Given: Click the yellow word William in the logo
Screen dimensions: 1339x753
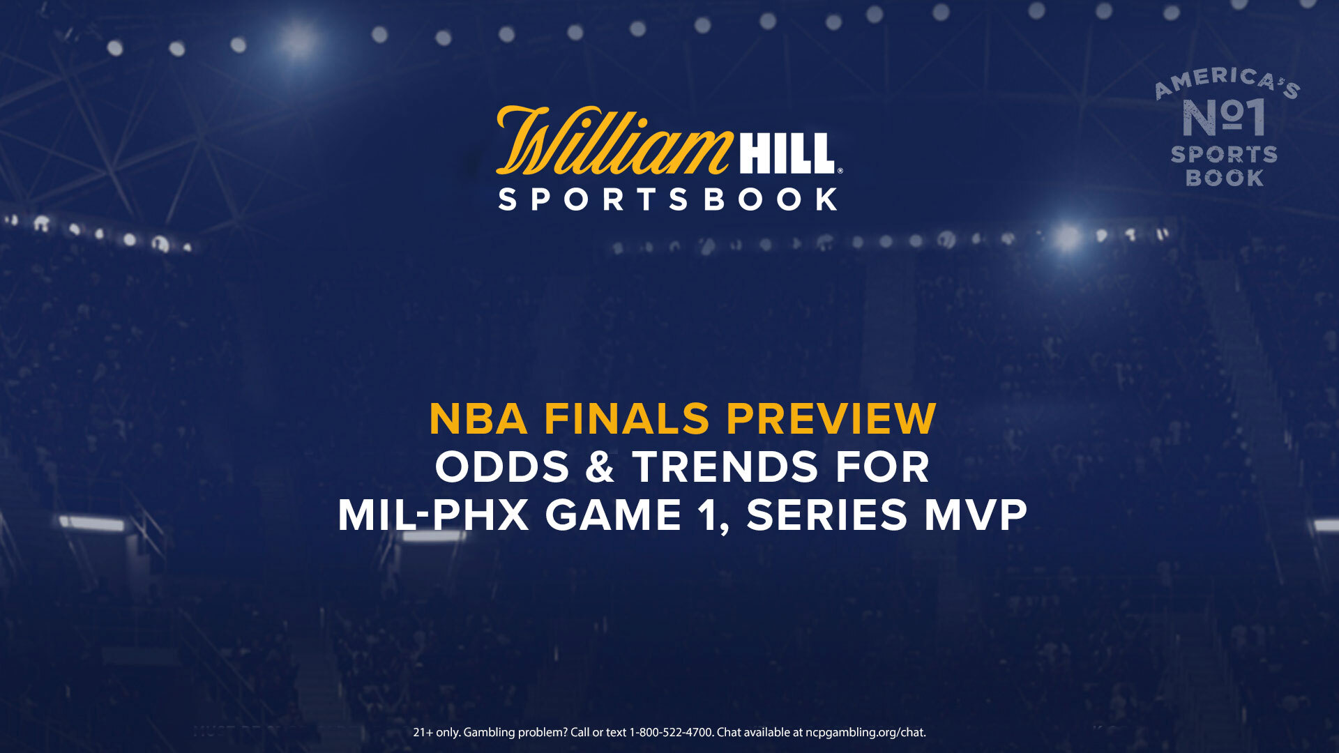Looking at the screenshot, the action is point(614,141).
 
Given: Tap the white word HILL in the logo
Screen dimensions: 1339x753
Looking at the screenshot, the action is point(787,153).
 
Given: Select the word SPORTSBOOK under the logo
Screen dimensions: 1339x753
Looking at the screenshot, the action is point(668,199).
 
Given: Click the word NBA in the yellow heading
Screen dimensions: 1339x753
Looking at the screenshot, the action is point(478,419).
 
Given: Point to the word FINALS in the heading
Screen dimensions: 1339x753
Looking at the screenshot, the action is point(627,419).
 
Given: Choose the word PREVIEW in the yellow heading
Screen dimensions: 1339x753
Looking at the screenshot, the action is point(831,419).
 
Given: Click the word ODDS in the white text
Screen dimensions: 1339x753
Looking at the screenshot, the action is point(502,467).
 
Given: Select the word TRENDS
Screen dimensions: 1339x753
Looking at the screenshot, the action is point(725,467).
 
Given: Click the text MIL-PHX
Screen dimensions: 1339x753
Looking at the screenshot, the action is point(433,515).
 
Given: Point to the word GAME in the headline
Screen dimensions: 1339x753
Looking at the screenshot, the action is point(613,515).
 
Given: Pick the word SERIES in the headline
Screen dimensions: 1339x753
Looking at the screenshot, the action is point(827,515).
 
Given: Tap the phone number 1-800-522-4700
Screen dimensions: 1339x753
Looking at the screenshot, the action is point(672,733).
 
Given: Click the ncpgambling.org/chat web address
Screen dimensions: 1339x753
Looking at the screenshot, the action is point(865,733).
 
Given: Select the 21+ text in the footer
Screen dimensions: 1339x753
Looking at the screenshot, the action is point(423,733).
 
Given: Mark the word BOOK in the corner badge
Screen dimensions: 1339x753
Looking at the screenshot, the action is point(1225,178).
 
